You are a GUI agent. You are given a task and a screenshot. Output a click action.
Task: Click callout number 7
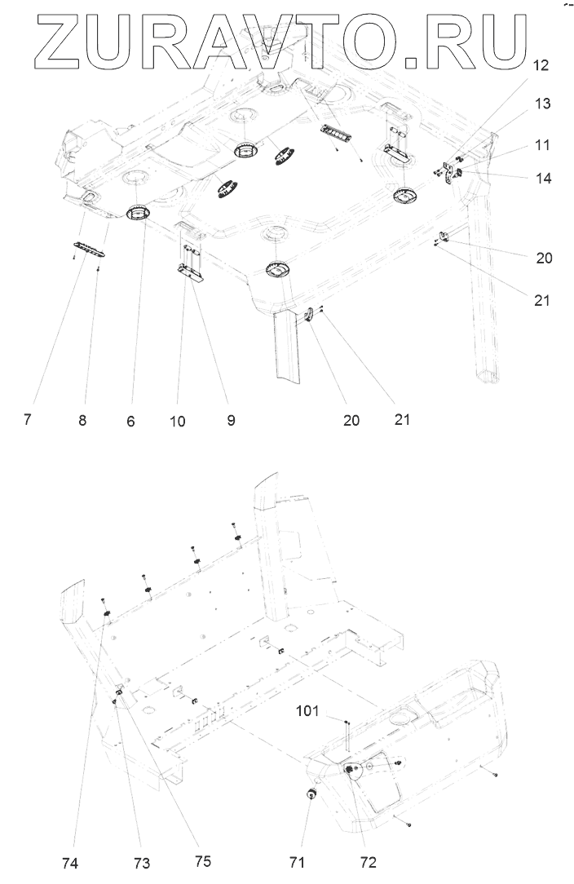[x=28, y=421]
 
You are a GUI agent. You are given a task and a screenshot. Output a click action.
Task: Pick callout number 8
[x=82, y=421]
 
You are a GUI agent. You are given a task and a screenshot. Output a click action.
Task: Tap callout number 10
[x=178, y=422]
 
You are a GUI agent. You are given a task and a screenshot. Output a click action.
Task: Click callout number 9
[x=231, y=421]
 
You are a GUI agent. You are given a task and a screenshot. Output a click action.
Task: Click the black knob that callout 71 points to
[x=311, y=795]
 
